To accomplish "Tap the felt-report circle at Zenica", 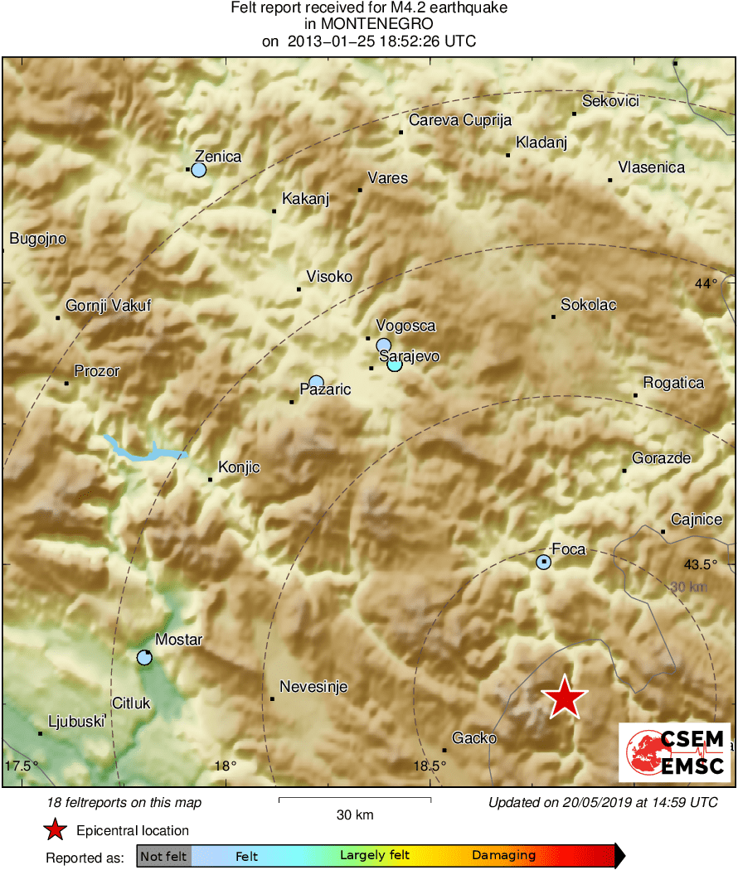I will point(198,170).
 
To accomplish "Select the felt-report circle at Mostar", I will point(144,658).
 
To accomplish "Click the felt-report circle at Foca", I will point(543,563).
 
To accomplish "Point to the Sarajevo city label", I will point(409,357).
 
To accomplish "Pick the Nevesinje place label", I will point(313,687).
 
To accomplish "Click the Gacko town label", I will point(474,738).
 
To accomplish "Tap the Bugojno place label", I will point(37,239).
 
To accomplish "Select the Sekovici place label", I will point(611,101).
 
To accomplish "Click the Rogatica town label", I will point(673,383).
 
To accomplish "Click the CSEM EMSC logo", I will point(675,752).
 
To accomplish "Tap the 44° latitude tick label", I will point(706,283).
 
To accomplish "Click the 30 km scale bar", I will point(354,800).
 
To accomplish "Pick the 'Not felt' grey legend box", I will point(164,856).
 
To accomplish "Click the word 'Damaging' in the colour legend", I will point(504,856).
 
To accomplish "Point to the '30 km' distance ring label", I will point(690,587).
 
